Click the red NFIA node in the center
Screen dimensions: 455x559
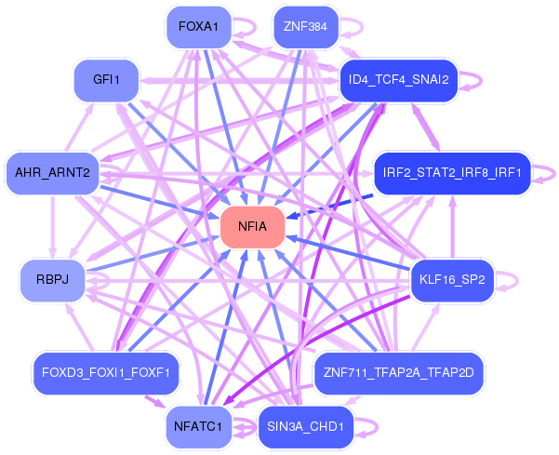(x=252, y=227)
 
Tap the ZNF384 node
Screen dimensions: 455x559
(x=305, y=26)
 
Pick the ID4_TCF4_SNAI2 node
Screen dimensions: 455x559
(x=398, y=80)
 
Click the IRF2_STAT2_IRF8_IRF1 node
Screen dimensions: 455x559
(x=451, y=172)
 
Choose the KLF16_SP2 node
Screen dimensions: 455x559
(x=452, y=279)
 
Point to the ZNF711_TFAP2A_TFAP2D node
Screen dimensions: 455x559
(x=398, y=373)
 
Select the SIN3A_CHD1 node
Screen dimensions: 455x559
(x=305, y=427)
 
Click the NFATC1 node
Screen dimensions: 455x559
(x=197, y=427)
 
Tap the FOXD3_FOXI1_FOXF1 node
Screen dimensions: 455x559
(x=105, y=373)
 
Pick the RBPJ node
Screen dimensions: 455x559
(x=52, y=279)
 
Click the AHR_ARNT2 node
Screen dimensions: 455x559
(x=52, y=172)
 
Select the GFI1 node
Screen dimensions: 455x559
(x=105, y=80)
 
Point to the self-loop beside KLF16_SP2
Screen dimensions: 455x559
(x=508, y=279)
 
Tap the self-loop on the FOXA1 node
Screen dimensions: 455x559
(x=246, y=27)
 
